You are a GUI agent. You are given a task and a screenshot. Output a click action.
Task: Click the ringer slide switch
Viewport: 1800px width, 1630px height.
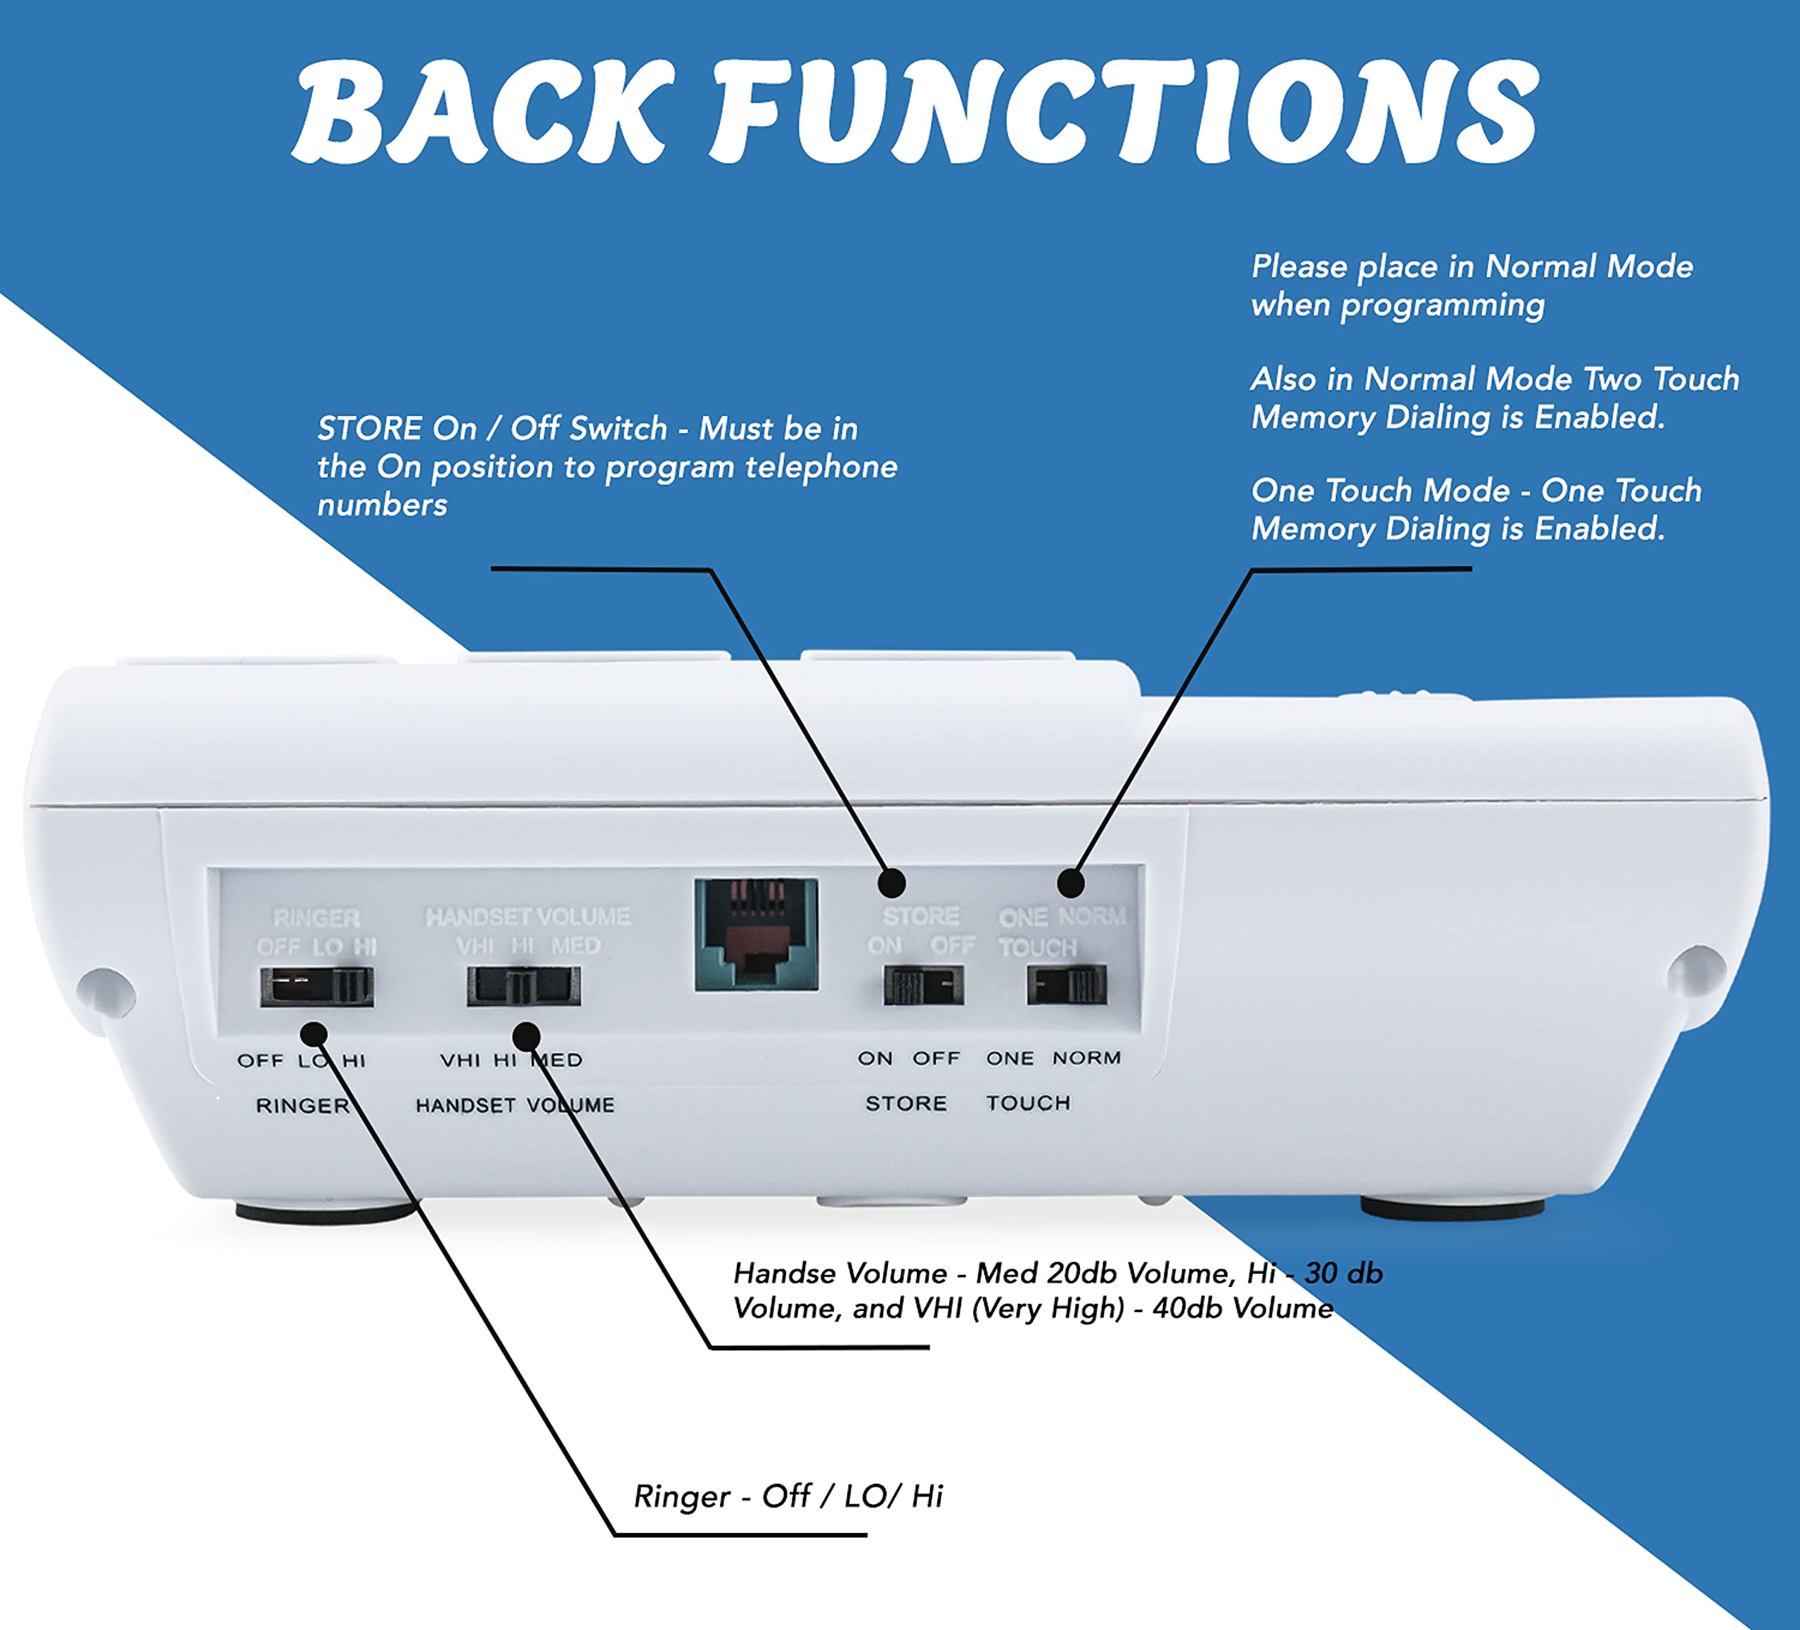(x=316, y=986)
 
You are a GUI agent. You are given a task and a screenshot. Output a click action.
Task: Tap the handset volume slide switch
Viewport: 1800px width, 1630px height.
(x=523, y=986)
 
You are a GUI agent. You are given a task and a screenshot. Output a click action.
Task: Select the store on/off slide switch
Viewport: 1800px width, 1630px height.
(x=923, y=986)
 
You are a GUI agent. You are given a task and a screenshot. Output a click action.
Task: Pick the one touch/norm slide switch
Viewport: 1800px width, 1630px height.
(x=1067, y=986)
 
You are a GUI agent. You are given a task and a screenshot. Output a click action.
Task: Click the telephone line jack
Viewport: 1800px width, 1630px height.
(x=757, y=935)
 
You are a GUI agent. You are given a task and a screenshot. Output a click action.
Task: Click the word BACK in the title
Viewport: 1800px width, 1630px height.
(x=482, y=113)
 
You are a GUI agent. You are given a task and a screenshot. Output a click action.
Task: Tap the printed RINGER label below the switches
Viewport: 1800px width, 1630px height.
(x=302, y=1106)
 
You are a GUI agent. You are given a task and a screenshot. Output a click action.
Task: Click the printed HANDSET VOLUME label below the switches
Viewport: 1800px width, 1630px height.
(x=515, y=1105)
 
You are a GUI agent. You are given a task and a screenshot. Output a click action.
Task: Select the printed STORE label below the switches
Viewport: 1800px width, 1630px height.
(x=906, y=1104)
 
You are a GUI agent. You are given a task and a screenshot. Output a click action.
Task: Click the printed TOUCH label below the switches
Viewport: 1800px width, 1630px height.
(x=1029, y=1104)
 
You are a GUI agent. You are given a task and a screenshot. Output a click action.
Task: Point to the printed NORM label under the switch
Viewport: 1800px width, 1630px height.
(x=1086, y=1058)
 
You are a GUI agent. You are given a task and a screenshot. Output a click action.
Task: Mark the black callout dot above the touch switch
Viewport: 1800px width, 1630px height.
(x=1071, y=883)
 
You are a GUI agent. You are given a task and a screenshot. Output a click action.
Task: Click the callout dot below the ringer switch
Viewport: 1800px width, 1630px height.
(x=314, y=1035)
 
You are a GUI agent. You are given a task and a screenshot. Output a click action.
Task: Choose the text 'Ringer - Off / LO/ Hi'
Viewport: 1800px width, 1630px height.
(x=788, y=1496)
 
